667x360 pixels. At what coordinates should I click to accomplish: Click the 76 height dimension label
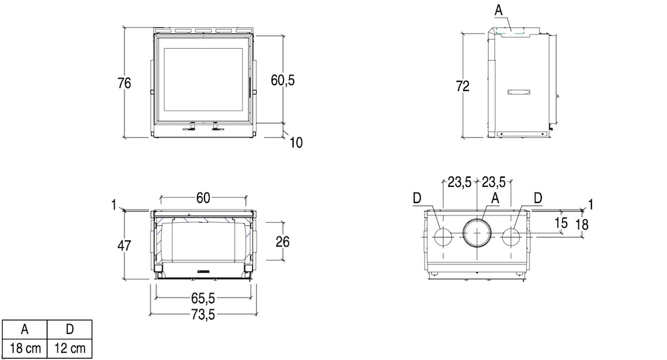click(124, 83)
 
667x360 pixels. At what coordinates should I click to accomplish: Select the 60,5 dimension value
click(283, 80)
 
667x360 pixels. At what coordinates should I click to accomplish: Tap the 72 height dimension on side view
click(463, 86)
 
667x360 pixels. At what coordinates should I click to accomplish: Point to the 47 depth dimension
click(124, 245)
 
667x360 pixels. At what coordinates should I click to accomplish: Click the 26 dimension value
click(283, 242)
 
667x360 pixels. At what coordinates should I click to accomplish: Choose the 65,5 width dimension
click(203, 298)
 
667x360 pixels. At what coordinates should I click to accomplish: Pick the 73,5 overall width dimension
click(203, 314)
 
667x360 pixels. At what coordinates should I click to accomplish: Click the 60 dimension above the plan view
click(203, 198)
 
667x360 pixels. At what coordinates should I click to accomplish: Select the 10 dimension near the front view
click(296, 143)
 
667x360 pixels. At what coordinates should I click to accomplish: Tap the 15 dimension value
click(561, 222)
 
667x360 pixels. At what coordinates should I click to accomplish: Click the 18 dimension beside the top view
click(582, 224)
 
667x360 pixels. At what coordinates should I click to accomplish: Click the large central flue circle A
click(477, 232)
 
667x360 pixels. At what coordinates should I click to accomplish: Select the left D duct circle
click(443, 237)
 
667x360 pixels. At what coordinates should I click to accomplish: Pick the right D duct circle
click(511, 237)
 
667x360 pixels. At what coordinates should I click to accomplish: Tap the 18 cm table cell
click(25, 348)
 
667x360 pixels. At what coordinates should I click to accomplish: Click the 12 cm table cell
click(69, 348)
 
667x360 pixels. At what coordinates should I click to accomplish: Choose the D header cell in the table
click(69, 329)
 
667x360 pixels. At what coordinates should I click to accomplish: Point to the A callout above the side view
click(498, 10)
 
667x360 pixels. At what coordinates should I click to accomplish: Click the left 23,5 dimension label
click(459, 182)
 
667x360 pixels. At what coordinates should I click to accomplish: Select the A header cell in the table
click(25, 329)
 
